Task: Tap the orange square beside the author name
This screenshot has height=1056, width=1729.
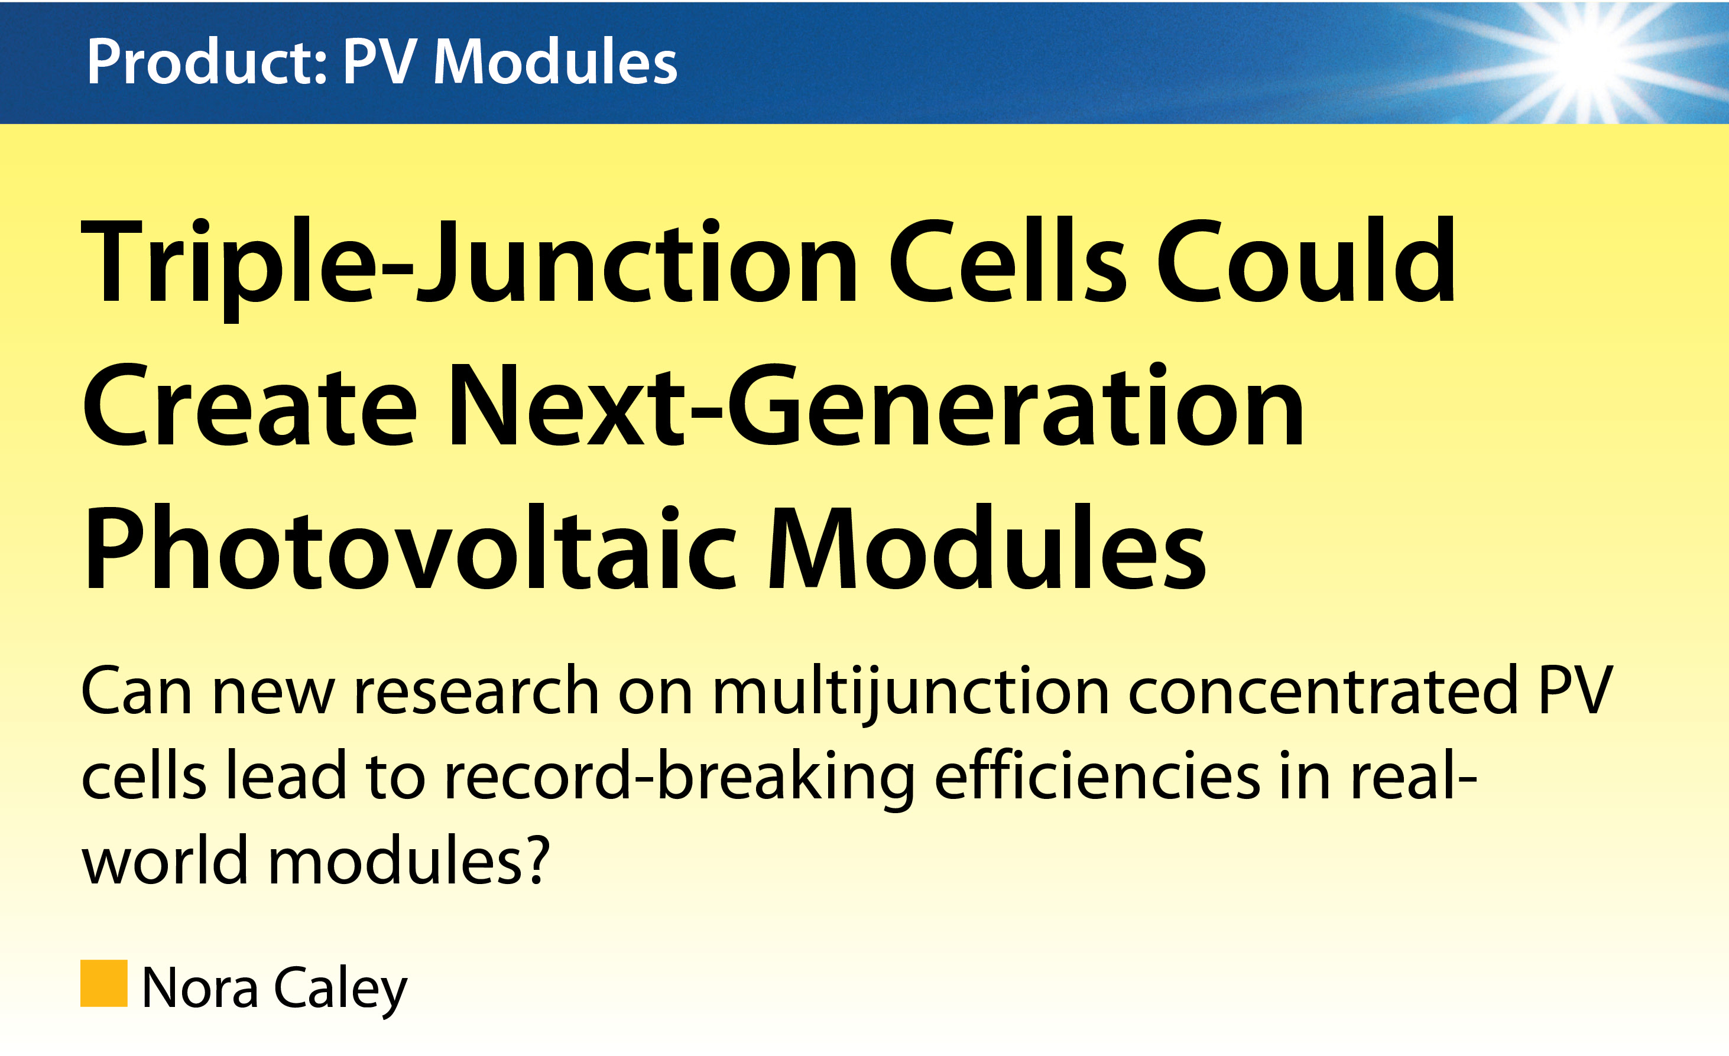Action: click(104, 983)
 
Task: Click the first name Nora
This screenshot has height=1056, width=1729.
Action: click(200, 988)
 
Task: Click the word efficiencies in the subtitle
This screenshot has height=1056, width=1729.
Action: click(1098, 775)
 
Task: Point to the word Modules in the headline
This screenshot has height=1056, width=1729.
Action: click(988, 547)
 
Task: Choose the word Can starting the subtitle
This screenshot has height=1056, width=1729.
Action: click(136, 691)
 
